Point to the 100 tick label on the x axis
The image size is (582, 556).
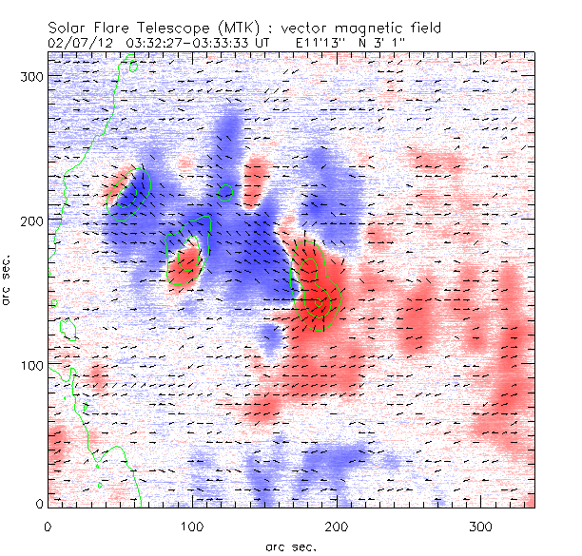193,525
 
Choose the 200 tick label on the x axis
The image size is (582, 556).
338,525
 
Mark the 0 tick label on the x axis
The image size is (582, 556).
48,525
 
